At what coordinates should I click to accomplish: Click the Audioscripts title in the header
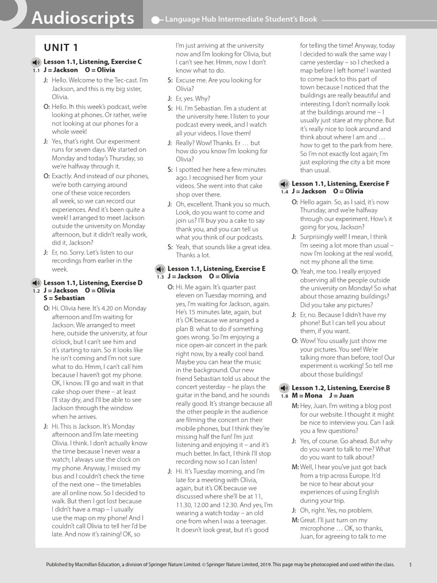(83, 19)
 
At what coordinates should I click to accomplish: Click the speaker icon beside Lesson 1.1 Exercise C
(36, 62)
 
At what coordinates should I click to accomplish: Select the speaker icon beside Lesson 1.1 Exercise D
(36, 282)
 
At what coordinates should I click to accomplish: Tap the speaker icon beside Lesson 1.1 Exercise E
(160, 269)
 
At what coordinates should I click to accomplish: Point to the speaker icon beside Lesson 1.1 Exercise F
(284, 184)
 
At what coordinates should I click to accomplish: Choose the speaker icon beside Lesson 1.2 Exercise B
(284, 388)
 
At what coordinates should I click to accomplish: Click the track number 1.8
(285, 396)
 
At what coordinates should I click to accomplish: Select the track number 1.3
(160, 277)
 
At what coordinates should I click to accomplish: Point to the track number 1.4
(285, 192)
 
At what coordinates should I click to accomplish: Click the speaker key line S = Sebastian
(64, 298)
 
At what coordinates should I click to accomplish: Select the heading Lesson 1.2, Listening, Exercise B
(341, 388)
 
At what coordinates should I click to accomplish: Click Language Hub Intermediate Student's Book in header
(241, 19)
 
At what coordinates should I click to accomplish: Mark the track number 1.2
(36, 291)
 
